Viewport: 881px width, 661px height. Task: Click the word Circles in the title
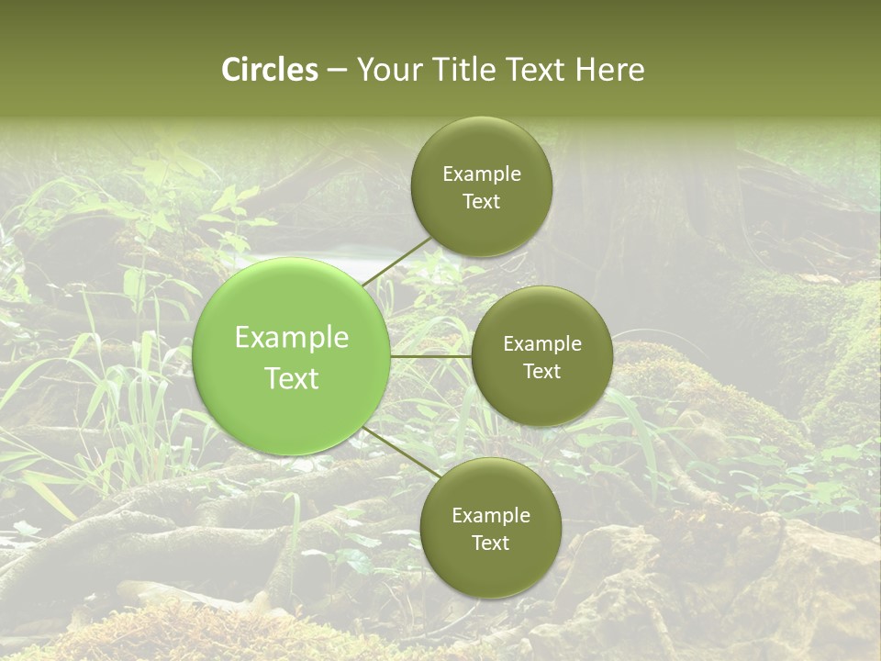click(x=270, y=70)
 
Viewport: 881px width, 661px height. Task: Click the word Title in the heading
click(x=456, y=70)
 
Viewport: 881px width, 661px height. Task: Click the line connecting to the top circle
click(x=396, y=261)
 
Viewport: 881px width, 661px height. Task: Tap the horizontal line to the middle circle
click(x=431, y=356)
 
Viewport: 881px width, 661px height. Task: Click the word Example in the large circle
click(x=292, y=338)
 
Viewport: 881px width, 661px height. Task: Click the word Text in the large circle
click(x=292, y=378)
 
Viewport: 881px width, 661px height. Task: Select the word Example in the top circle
click(x=482, y=174)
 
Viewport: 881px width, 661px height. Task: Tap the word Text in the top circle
click(x=481, y=201)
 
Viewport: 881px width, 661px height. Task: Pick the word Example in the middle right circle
click(x=542, y=344)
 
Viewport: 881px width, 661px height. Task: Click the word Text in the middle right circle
click(x=541, y=371)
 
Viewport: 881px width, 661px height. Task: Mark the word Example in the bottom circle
click(x=491, y=516)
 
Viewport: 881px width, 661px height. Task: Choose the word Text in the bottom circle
click(x=490, y=543)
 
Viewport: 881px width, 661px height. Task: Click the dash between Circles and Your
click(x=337, y=71)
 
